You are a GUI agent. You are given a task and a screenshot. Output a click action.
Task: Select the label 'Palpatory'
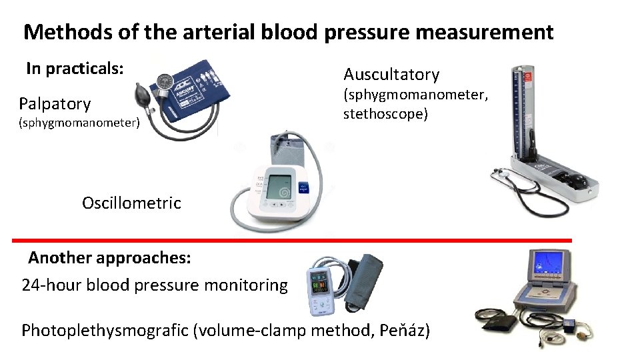click(55, 104)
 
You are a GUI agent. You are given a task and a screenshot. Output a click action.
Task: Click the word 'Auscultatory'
click(391, 75)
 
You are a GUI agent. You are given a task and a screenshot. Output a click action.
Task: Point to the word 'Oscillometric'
click(131, 203)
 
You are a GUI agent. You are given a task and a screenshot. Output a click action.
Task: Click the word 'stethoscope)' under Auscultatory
click(385, 114)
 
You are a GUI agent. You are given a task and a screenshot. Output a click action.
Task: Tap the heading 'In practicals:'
click(75, 69)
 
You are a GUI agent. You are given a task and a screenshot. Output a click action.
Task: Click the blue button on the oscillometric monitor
click(305, 188)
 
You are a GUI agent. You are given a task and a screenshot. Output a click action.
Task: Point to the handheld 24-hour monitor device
click(319, 290)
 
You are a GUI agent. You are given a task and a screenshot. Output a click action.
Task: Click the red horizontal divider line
click(293, 240)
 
